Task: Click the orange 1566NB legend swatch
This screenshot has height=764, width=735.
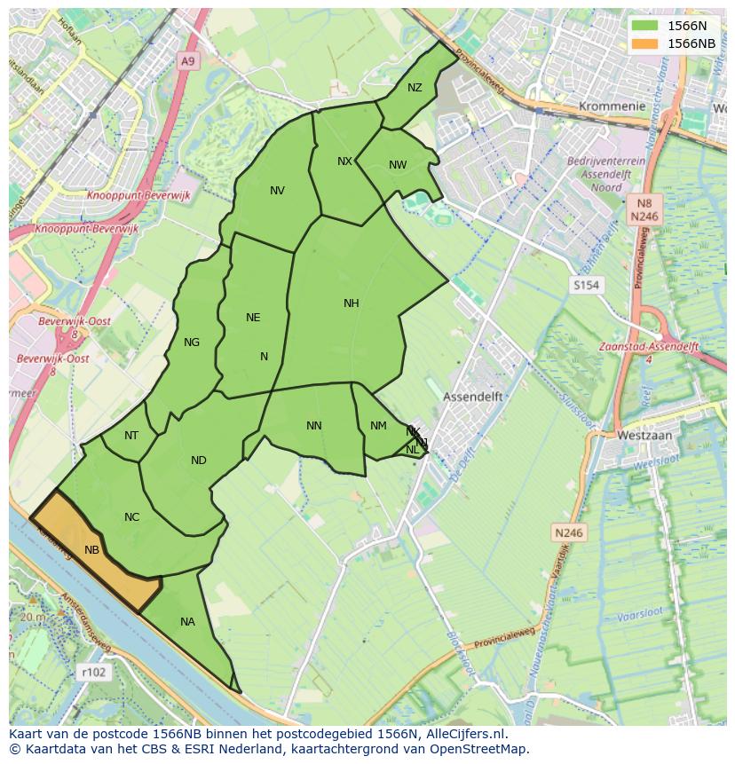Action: [646, 43]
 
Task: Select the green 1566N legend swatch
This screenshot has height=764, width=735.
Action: [646, 27]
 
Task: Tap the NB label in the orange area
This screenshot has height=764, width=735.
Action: [91, 550]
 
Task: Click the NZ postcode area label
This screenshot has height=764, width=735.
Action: [415, 87]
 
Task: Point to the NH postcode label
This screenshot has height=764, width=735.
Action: [351, 303]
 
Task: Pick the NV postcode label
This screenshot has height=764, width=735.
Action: [277, 191]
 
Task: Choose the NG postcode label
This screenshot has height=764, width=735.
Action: [191, 343]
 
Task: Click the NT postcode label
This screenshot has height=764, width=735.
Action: [131, 435]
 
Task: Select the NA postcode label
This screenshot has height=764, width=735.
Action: [187, 622]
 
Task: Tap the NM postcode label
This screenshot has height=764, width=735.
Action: [378, 426]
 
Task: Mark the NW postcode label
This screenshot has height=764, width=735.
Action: [398, 165]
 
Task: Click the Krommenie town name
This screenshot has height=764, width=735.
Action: [612, 106]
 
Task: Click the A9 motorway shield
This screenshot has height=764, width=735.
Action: [186, 61]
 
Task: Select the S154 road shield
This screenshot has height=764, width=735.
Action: [586, 285]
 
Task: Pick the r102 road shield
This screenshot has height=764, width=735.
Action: [93, 672]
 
